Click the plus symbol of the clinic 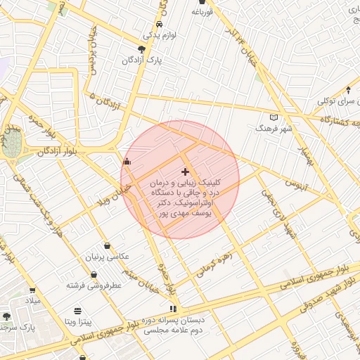(185, 172)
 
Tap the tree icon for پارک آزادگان (142, 49)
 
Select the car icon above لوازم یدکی (160, 24)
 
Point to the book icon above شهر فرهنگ (274, 117)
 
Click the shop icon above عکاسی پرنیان (107, 245)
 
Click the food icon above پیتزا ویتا (77, 310)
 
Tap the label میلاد (33, 301)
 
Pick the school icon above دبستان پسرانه (174, 308)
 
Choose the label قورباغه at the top (201, 13)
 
